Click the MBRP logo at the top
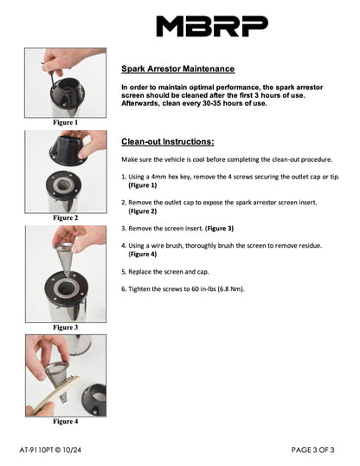pyautogui.click(x=212, y=26)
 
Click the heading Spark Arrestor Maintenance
pyautogui.click(x=178, y=68)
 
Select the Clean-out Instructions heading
pyautogui.click(x=168, y=141)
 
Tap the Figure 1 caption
pyautogui.click(x=66, y=122)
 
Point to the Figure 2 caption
pyautogui.click(x=66, y=217)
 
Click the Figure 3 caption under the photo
pyautogui.click(x=66, y=327)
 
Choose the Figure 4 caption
pyautogui.click(x=66, y=421)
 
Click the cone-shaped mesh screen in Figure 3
pyautogui.click(x=64, y=258)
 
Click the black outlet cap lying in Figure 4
pyautogui.click(x=94, y=399)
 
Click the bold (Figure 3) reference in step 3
pyautogui.click(x=219, y=229)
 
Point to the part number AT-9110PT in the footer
pyautogui.click(x=36, y=450)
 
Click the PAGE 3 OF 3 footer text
pyautogui.click(x=312, y=450)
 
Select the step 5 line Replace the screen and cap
pyautogui.click(x=164, y=272)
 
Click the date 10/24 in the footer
pyautogui.click(x=72, y=450)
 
